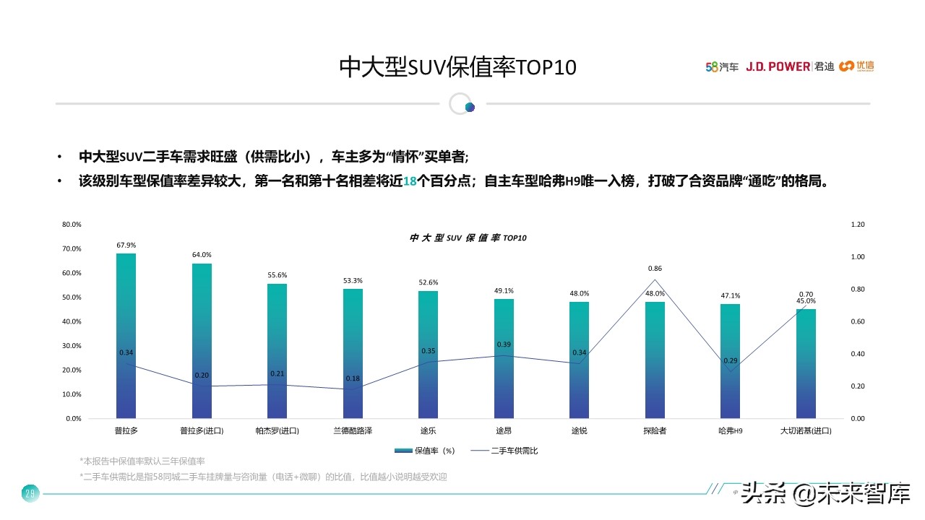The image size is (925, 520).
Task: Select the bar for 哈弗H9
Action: pyautogui.click(x=730, y=361)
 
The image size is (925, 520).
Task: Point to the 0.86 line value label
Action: pyautogui.click(x=655, y=269)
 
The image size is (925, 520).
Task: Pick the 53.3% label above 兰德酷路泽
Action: pyautogui.click(x=353, y=280)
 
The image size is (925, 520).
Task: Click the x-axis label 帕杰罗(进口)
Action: pyautogui.click(x=277, y=431)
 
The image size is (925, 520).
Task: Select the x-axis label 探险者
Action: pyautogui.click(x=655, y=431)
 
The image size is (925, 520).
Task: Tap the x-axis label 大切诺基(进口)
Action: pyautogui.click(x=806, y=431)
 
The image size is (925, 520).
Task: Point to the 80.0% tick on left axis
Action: pyautogui.click(x=72, y=225)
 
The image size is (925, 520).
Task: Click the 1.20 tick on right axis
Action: pyautogui.click(x=858, y=225)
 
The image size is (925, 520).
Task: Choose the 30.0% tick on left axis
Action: pyautogui.click(x=72, y=346)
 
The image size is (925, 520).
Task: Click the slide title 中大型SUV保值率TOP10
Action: pyautogui.click(x=458, y=67)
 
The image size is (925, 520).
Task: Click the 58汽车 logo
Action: pyautogui.click(x=722, y=66)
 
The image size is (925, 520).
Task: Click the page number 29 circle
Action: pyautogui.click(x=30, y=494)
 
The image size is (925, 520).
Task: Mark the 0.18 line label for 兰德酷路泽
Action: pyautogui.click(x=353, y=378)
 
